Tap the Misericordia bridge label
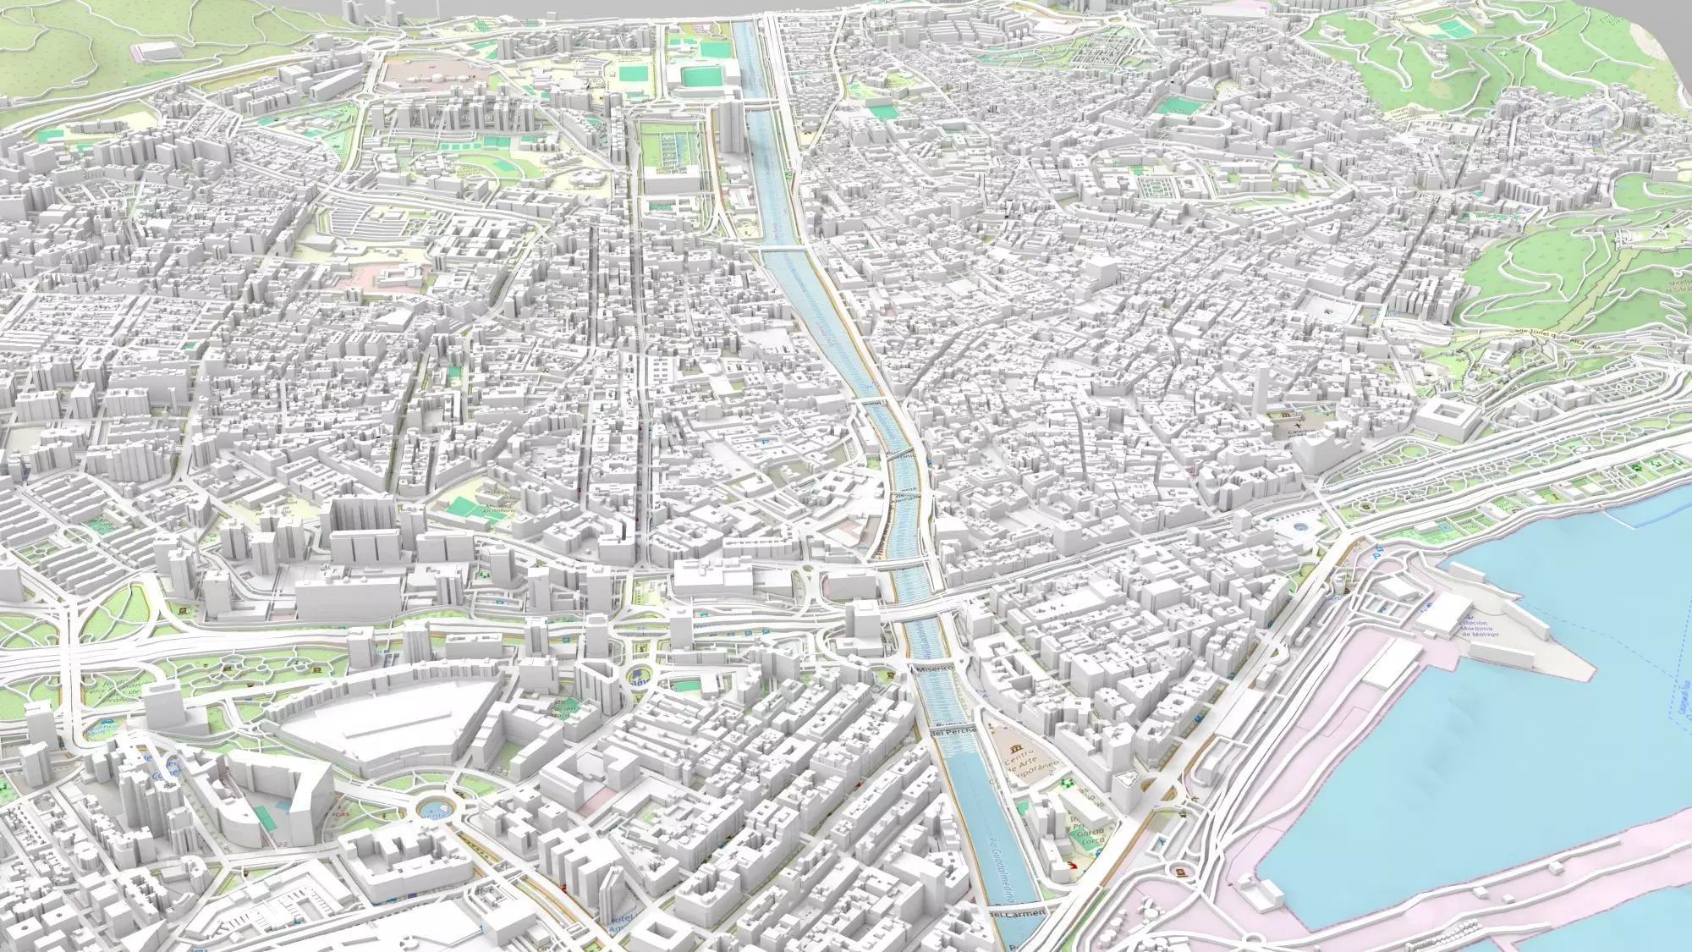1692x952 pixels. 932,669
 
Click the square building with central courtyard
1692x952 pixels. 1448,416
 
